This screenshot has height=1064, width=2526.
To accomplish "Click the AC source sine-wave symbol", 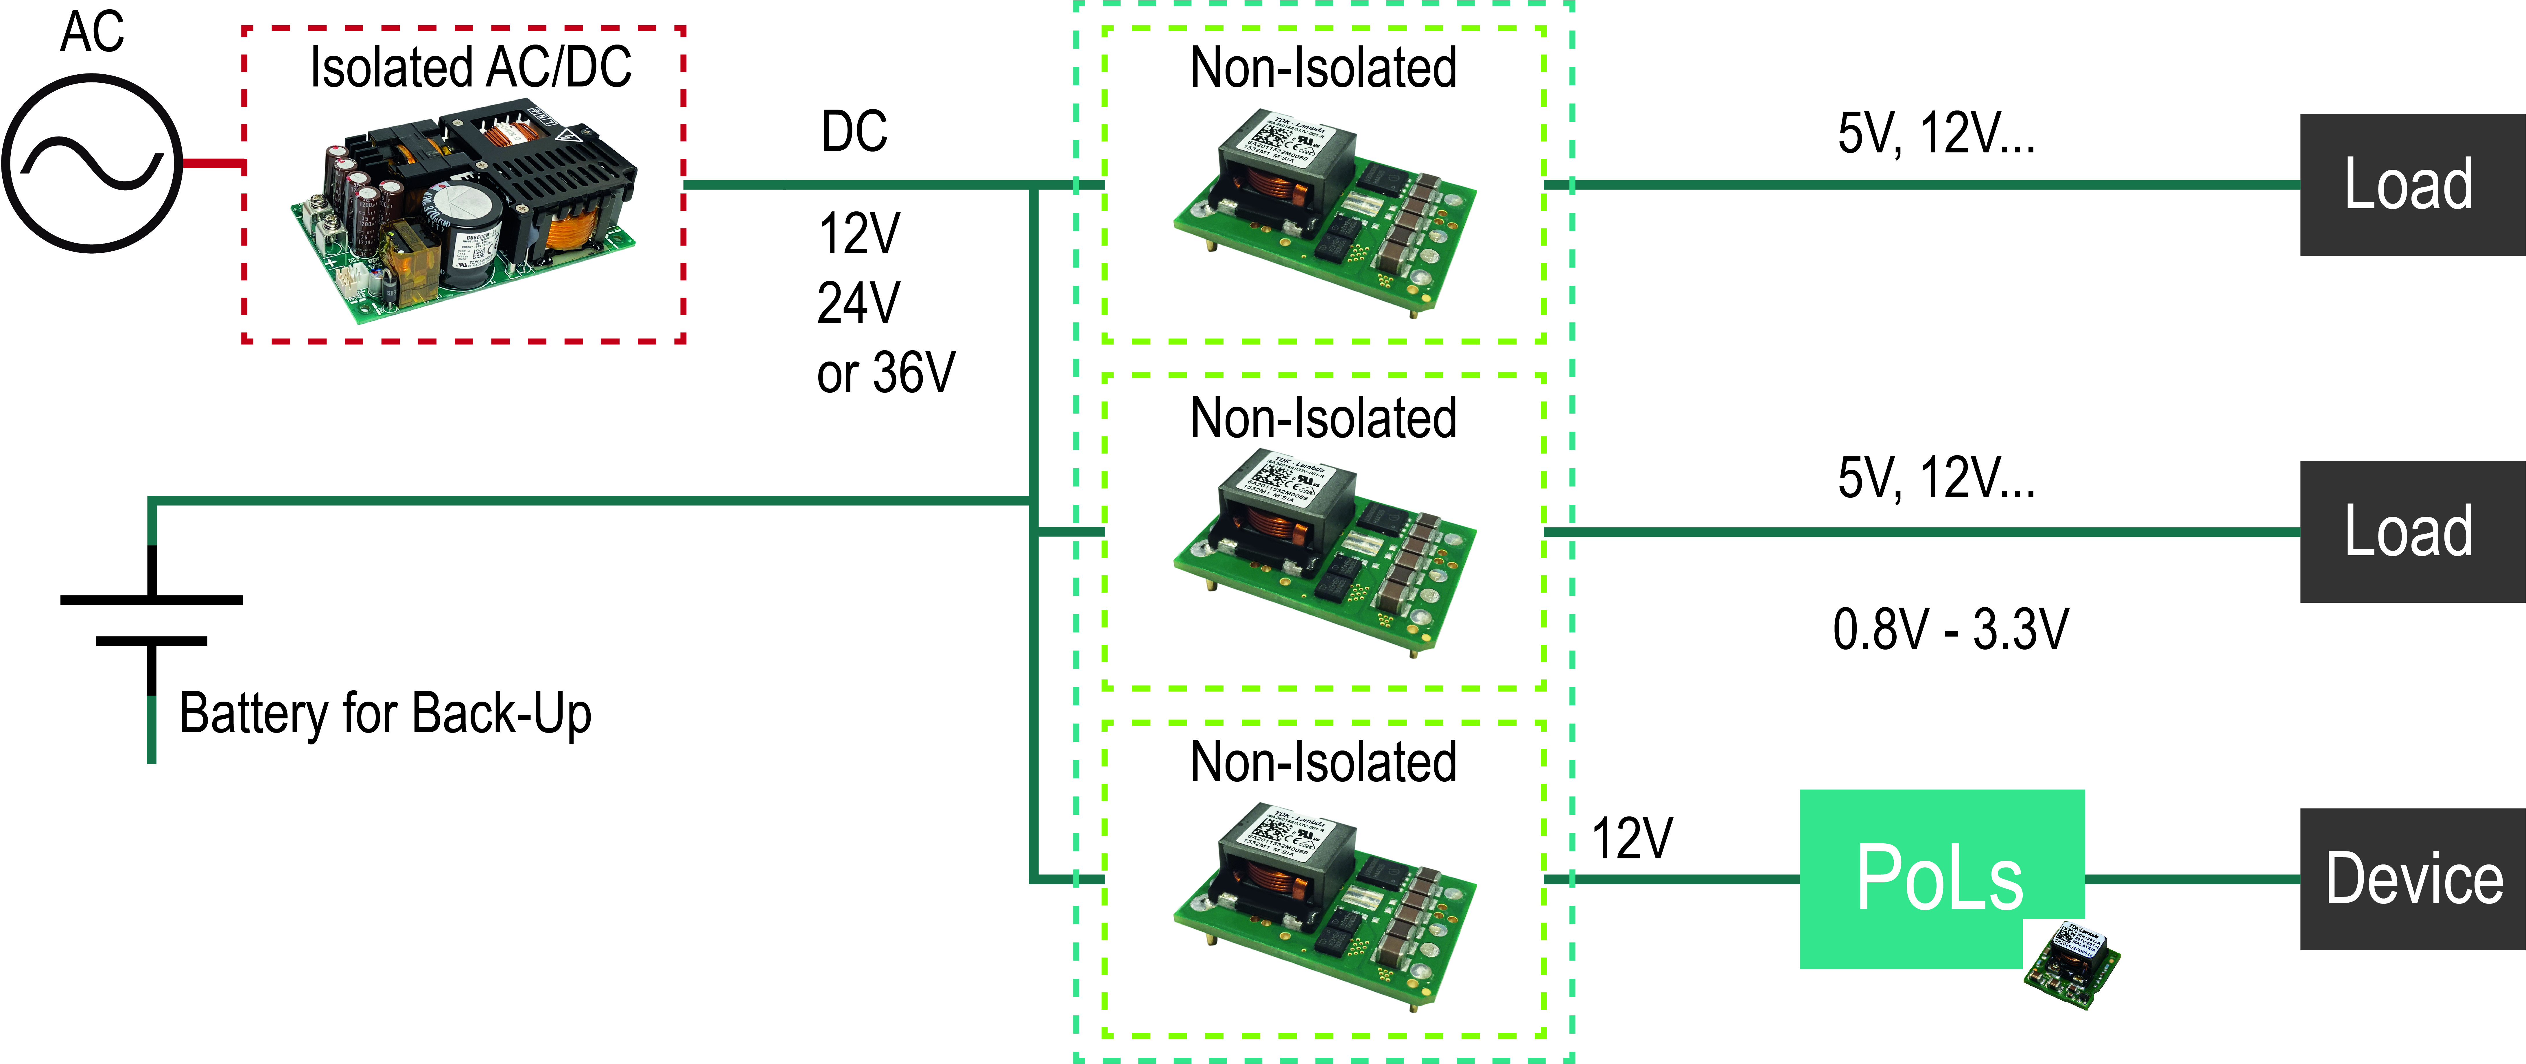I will click(x=92, y=164).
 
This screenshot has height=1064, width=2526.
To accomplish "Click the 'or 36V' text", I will click(x=885, y=374).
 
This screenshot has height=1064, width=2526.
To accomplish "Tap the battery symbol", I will click(x=151, y=620).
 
